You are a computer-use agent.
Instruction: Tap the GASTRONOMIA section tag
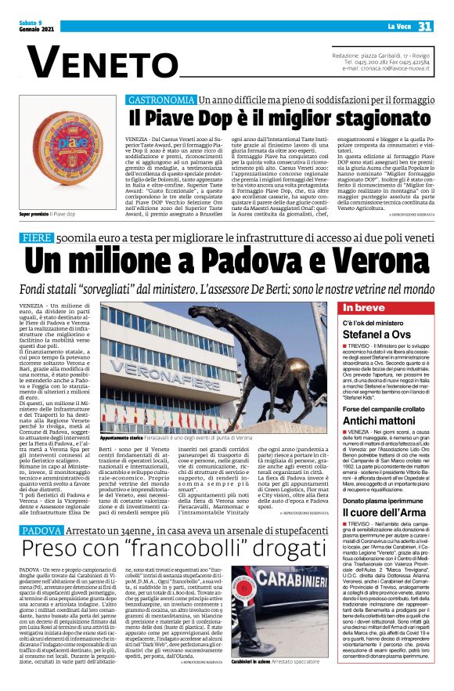[x=160, y=101]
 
